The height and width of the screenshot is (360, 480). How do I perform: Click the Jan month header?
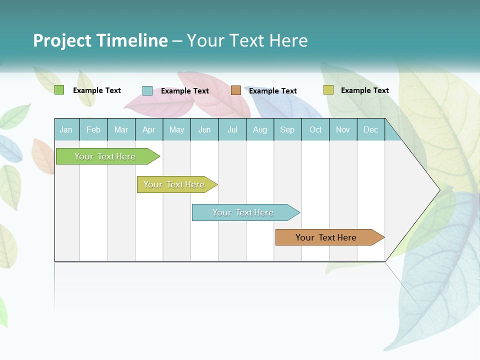pyautogui.click(x=66, y=129)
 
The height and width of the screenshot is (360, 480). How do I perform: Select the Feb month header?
pyautogui.click(x=93, y=129)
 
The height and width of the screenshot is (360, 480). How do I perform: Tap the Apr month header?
pyautogui.click(x=149, y=129)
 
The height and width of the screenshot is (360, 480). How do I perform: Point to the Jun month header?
pyautogui.click(x=204, y=129)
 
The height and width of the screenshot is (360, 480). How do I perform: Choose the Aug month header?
pyautogui.click(x=260, y=129)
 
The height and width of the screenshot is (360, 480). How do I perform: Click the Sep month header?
pyautogui.click(x=287, y=129)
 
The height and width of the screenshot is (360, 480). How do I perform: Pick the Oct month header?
pyautogui.click(x=315, y=129)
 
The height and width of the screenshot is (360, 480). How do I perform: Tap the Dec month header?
pyautogui.click(x=371, y=129)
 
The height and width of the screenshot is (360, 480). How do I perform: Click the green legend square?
pyautogui.click(x=59, y=90)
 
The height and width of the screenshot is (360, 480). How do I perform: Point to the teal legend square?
pyautogui.click(x=147, y=90)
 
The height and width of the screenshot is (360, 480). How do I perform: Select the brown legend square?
pyautogui.click(x=235, y=90)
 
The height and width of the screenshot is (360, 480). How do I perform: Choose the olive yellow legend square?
pyautogui.click(x=328, y=90)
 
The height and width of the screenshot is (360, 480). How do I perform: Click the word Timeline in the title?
pyautogui.click(x=131, y=40)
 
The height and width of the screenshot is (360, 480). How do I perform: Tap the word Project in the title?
pyautogui.click(x=62, y=40)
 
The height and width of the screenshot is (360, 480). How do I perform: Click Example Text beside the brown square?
pyautogui.click(x=272, y=90)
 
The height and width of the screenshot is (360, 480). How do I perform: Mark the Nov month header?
pyautogui.click(x=343, y=129)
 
